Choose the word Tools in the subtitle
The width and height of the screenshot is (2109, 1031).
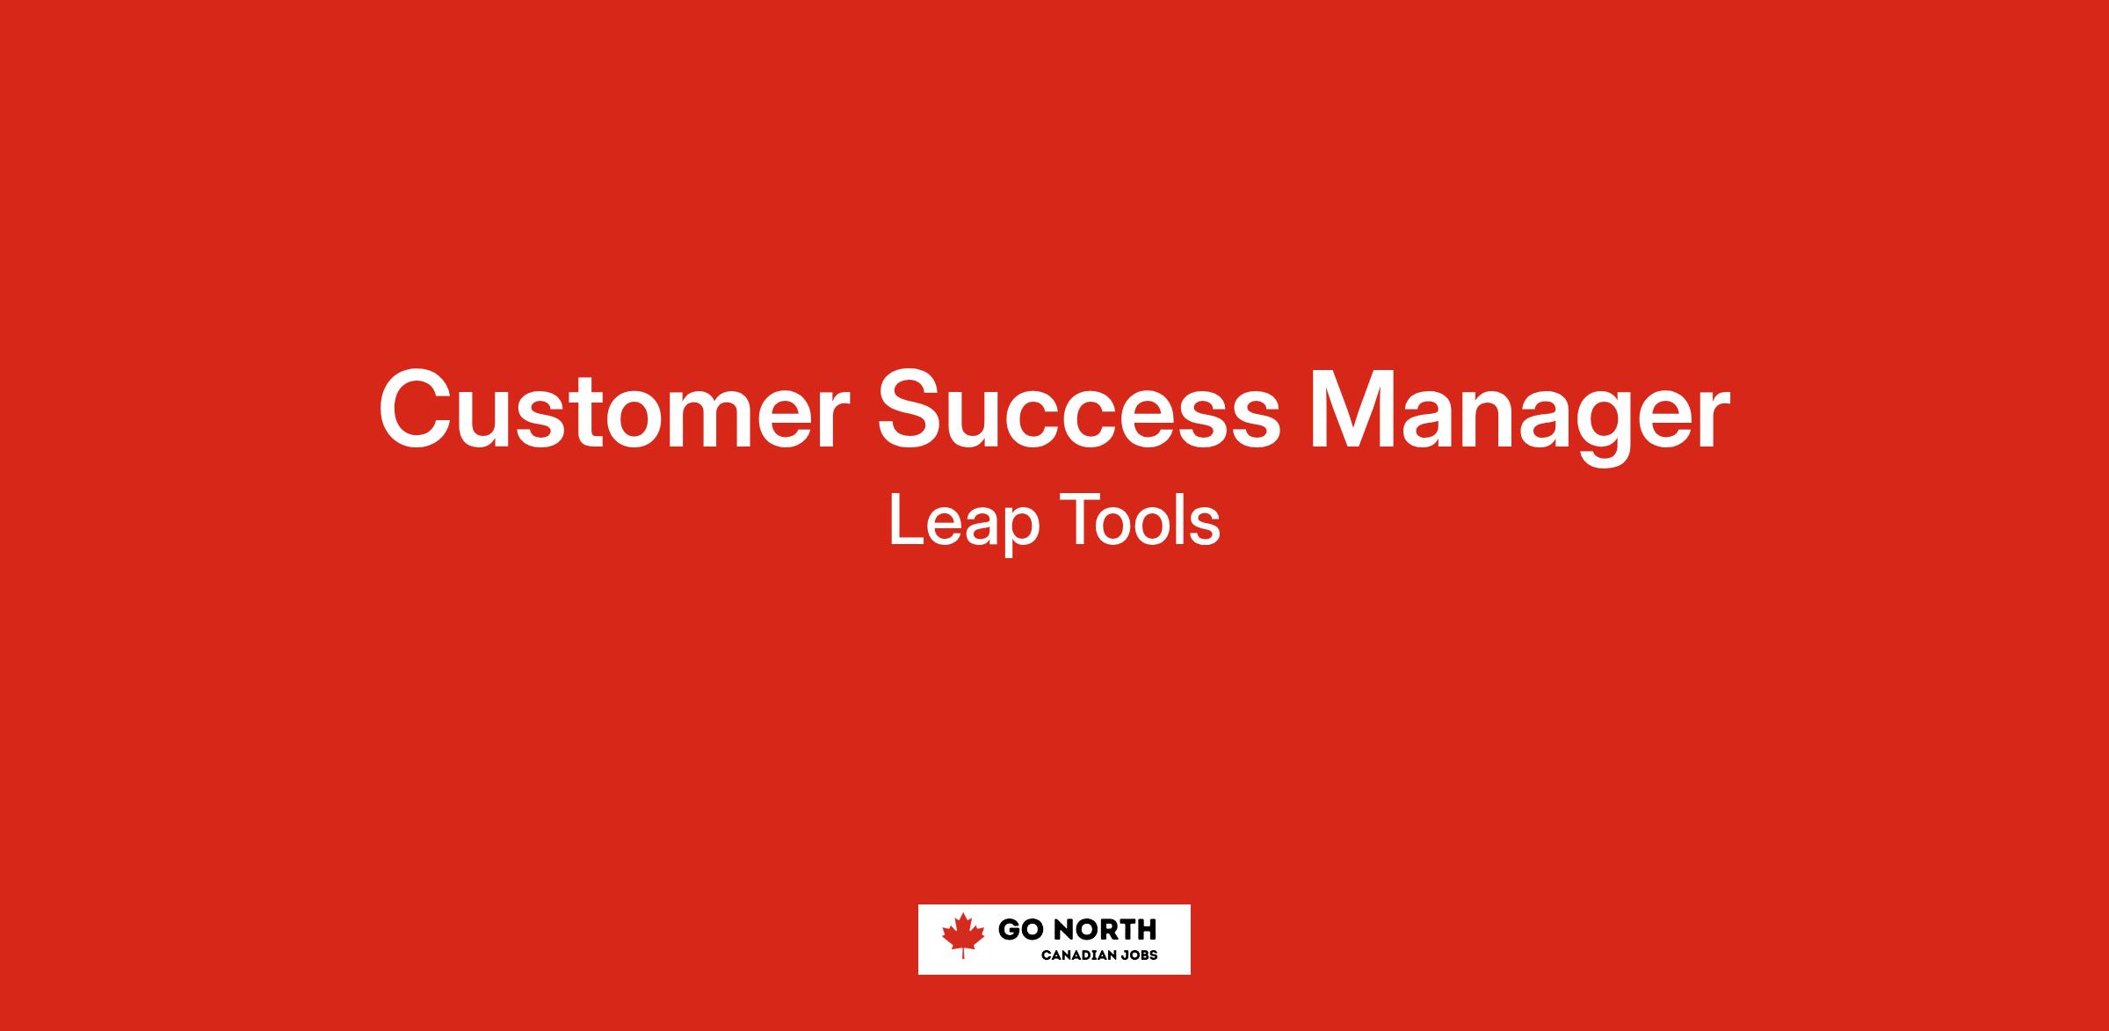point(1141,519)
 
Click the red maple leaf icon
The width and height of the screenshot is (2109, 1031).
point(963,935)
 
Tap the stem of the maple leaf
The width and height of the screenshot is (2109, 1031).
point(963,953)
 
